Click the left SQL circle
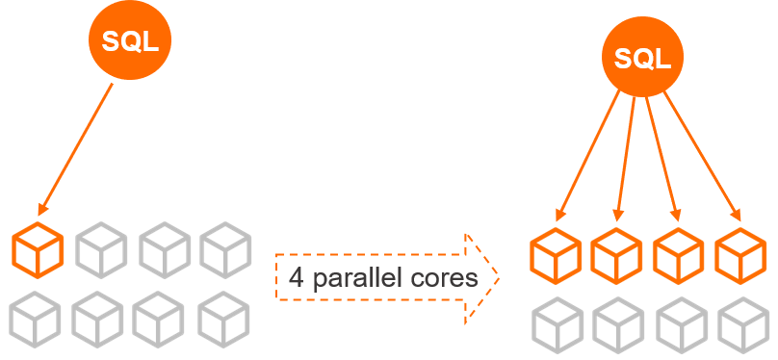pyautogui.click(x=130, y=41)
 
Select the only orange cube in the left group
pyautogui.click(x=38, y=249)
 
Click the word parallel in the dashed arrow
pyautogui.click(x=361, y=279)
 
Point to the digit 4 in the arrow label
pyautogui.click(x=296, y=279)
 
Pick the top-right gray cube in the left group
pyautogui.click(x=225, y=249)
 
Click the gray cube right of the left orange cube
pyautogui.click(x=101, y=249)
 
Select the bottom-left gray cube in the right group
pyautogui.click(x=556, y=324)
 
